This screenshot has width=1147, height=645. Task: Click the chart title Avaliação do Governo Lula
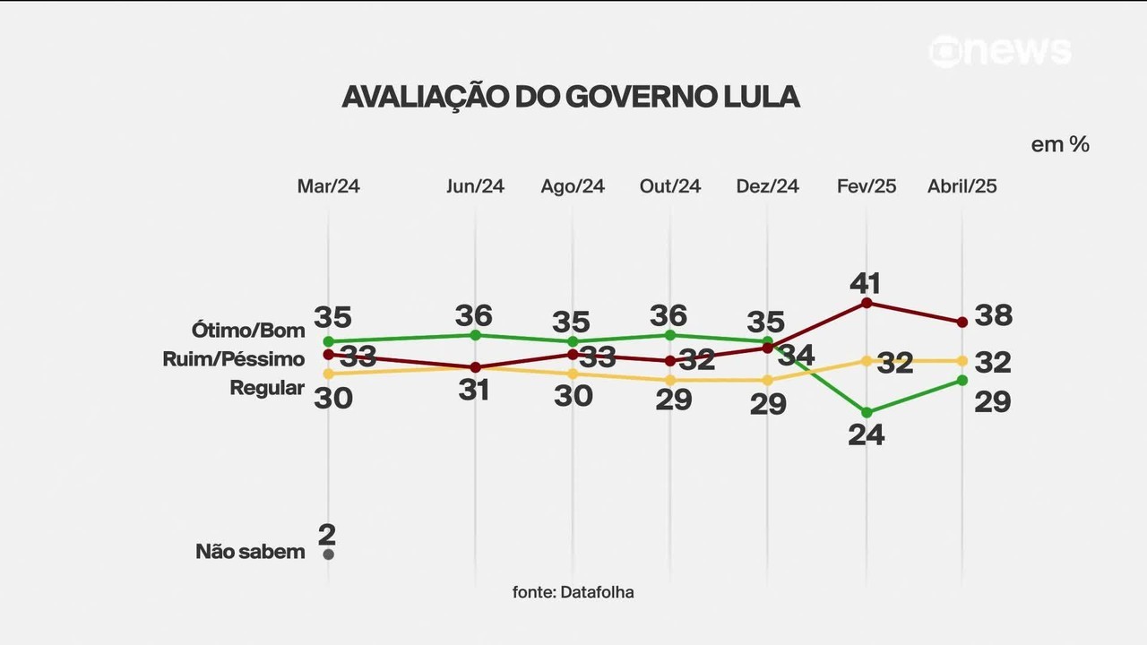570,97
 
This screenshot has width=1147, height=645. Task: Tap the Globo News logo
1000,51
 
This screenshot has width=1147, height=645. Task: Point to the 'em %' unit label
1059,144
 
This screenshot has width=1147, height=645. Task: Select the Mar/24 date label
328,186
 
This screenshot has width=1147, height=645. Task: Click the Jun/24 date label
475,186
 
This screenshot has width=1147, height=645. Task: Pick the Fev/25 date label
866,186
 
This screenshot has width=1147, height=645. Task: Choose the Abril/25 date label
962,186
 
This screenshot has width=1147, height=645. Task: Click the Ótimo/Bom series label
248,330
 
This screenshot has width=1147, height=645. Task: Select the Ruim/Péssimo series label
234,359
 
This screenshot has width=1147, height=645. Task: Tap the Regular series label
267,388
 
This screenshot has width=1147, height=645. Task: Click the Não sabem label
250,552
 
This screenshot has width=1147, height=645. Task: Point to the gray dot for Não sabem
328,555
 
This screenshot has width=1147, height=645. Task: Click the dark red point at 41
867,303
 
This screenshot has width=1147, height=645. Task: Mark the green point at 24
867,412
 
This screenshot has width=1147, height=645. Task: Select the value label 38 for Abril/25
993,315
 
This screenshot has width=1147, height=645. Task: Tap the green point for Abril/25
962,380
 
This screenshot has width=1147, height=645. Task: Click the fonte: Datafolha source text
573,592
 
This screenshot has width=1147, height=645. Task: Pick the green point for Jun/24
475,335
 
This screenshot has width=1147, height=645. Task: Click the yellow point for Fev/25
867,360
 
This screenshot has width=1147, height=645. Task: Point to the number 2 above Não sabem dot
327,535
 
